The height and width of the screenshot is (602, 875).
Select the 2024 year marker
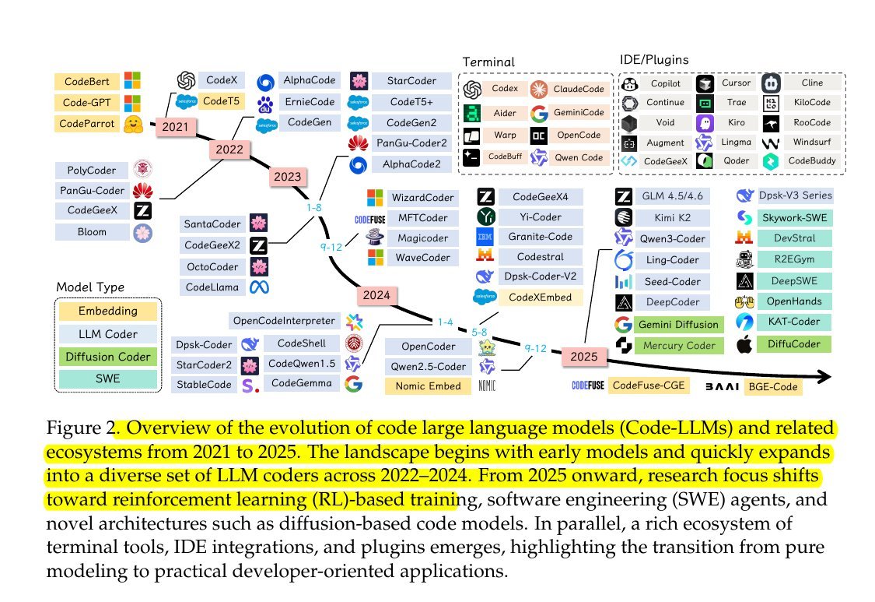(376, 295)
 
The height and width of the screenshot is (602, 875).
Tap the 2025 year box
(583, 357)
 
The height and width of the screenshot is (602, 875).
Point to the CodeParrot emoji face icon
(133, 123)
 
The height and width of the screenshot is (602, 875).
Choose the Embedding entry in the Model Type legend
(107, 312)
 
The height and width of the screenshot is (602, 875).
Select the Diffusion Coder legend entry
(107, 357)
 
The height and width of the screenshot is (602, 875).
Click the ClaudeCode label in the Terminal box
(579, 89)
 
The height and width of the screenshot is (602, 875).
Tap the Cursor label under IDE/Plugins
(736, 83)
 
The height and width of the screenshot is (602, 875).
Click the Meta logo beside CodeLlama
(258, 287)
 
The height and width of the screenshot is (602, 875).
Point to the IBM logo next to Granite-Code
(486, 237)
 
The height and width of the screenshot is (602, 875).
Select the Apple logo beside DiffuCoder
(745, 343)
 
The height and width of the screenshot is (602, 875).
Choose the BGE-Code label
(772, 386)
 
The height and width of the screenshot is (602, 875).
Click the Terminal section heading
(488, 62)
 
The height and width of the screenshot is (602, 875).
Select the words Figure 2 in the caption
(79, 428)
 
